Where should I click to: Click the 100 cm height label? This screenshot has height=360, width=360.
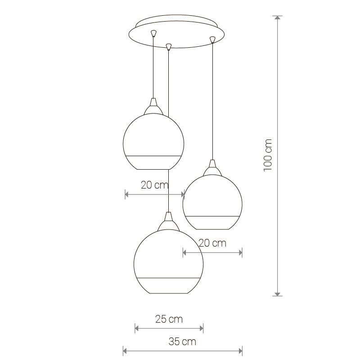coord(268,155)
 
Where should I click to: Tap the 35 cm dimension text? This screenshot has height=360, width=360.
coord(182,342)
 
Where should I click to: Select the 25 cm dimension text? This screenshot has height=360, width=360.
coord(169,319)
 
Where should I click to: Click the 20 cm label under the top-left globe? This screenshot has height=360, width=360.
coord(155,185)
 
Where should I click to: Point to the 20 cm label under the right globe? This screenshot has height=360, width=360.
coord(212,243)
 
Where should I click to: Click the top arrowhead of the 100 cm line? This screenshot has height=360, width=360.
coord(278,18)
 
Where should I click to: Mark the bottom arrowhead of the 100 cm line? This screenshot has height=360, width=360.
coord(278,294)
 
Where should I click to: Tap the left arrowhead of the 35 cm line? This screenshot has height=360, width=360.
coord(126,351)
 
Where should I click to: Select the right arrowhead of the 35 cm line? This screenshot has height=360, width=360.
coord(240,351)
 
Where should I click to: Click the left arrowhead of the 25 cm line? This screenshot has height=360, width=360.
coord(137,328)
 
